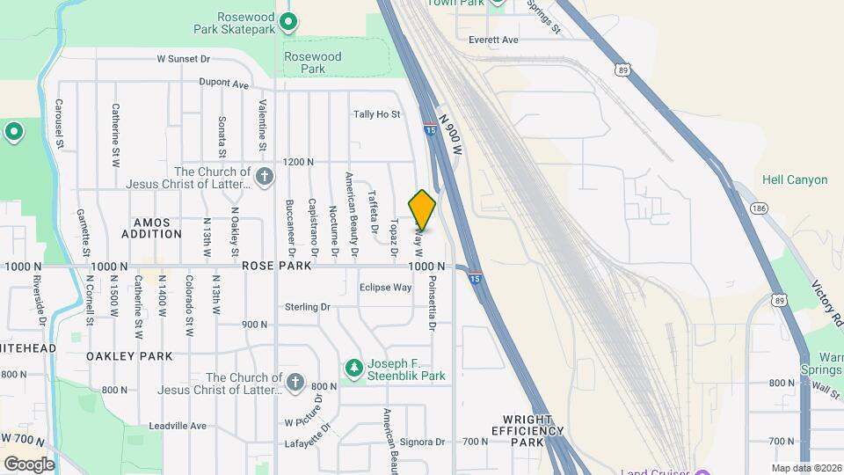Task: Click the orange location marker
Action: [422, 209]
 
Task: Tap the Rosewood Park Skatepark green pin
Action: [288, 22]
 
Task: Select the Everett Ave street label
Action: [493, 40]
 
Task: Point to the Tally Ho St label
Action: [376, 114]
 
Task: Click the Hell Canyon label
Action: [795, 179]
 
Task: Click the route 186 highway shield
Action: [759, 208]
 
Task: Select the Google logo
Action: [29, 464]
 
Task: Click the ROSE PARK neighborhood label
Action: [276, 266]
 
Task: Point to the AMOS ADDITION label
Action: [151, 229]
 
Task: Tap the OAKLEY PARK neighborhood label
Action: [129, 356]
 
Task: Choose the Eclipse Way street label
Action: [385, 288]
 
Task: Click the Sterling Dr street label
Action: [307, 307]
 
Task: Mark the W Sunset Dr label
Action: [184, 59]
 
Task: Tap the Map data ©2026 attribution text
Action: [804, 468]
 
